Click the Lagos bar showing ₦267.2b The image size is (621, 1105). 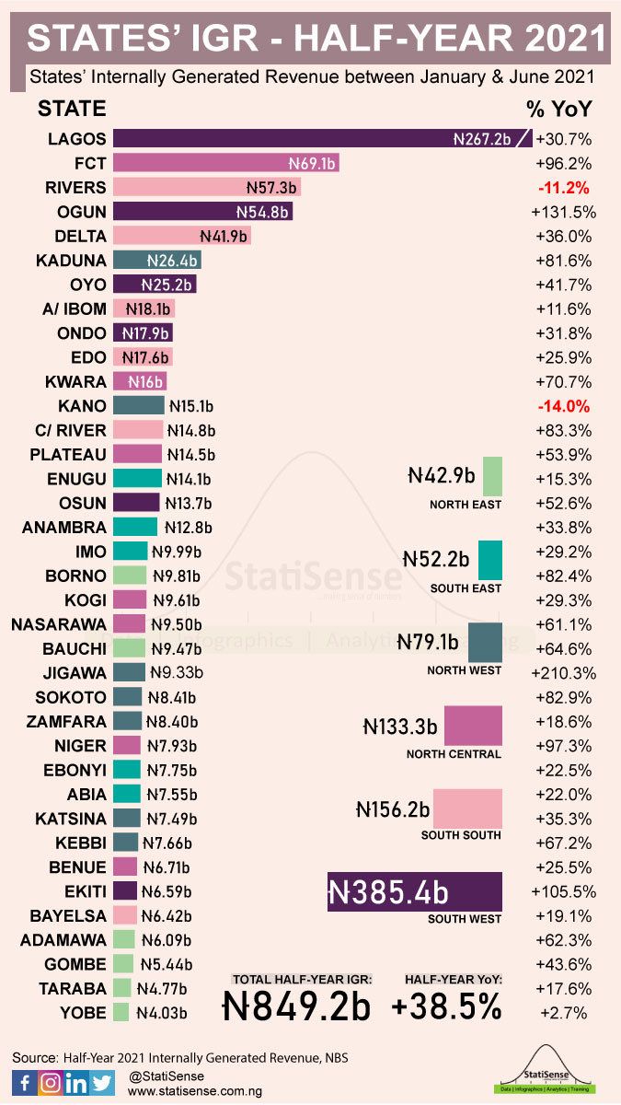322,139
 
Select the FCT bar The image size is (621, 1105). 226,163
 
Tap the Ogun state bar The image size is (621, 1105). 203,212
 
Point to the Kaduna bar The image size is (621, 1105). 157,260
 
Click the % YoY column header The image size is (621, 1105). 558,109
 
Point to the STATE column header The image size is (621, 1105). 72,109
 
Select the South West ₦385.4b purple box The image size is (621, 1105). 415,890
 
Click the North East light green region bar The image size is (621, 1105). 492,476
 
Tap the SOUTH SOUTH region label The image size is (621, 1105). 461,835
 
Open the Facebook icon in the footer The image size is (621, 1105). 24,1083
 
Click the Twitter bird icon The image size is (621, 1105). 103,1083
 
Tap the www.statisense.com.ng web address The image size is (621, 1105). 195,1090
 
